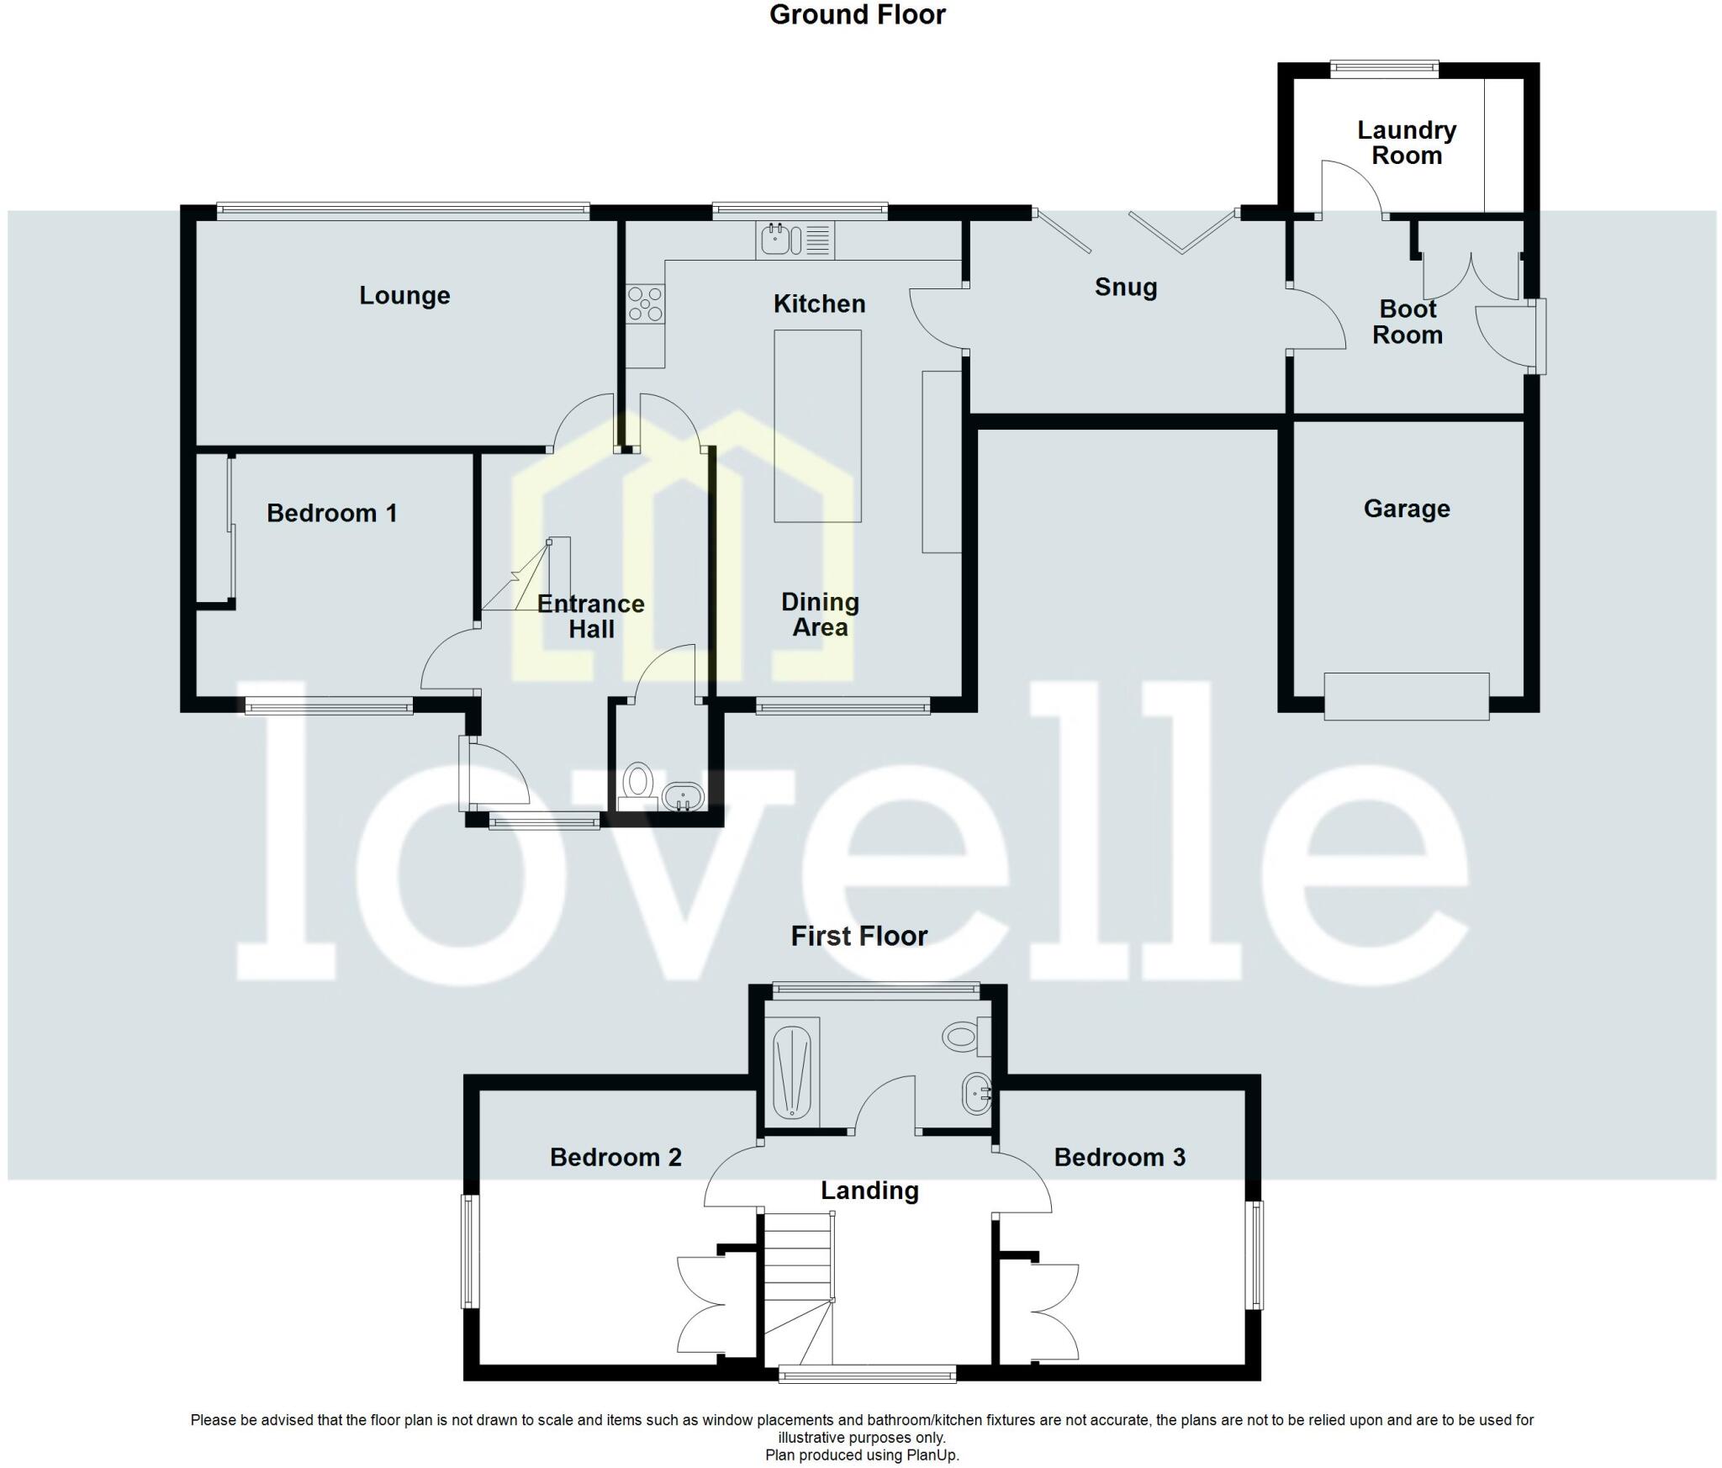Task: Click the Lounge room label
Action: [x=404, y=296]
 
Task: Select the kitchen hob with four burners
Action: [x=645, y=304]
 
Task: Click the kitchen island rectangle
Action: [x=817, y=425]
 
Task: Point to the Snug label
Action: [x=1126, y=288]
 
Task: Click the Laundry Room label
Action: [x=1407, y=143]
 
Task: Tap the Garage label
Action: [x=1407, y=509]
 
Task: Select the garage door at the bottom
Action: [x=1406, y=696]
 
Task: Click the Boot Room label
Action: [x=1408, y=322]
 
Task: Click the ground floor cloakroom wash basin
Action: [x=683, y=795]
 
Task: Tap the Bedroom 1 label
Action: [x=332, y=514]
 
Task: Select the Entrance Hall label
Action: [x=591, y=616]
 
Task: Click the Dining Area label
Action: [x=820, y=615]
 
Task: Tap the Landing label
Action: [x=869, y=1191]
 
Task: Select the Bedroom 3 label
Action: [x=1119, y=1158]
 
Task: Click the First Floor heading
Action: [x=858, y=936]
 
